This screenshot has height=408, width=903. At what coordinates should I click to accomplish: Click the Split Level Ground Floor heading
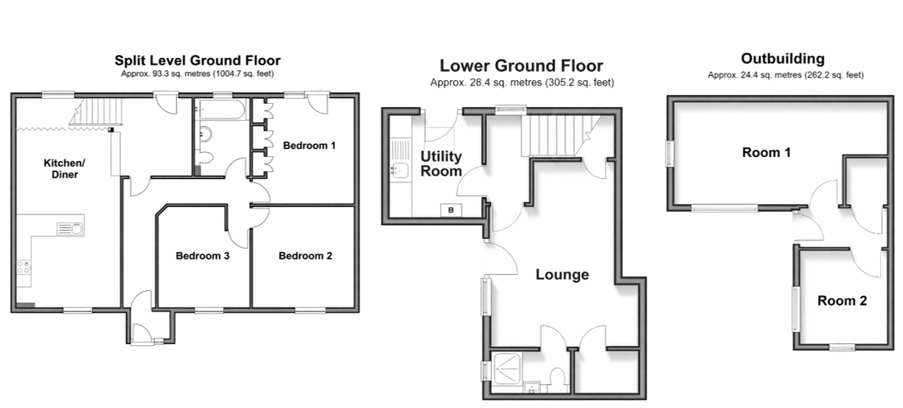[198, 61]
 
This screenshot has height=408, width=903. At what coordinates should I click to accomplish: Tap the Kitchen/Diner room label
[61, 169]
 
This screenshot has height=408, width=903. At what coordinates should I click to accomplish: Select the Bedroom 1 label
[309, 146]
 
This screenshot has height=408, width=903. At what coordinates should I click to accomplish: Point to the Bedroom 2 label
[306, 256]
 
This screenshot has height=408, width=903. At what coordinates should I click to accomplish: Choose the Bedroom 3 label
[203, 256]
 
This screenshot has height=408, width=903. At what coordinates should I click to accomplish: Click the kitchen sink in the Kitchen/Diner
[71, 229]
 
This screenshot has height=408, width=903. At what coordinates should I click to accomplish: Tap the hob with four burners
[25, 267]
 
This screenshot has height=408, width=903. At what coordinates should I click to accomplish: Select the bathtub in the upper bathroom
[221, 109]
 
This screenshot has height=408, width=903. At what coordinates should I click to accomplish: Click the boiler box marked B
[451, 210]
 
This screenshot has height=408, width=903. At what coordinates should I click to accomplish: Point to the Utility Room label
[441, 164]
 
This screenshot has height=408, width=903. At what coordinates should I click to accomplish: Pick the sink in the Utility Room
[400, 169]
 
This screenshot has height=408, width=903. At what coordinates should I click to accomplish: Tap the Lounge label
[562, 274]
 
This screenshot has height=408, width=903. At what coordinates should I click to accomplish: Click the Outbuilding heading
[783, 59]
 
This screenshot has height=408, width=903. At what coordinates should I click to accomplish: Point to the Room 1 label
[766, 153]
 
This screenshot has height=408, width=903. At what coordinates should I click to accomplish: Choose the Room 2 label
[842, 300]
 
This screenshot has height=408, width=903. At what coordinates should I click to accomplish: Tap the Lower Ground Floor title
[521, 65]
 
